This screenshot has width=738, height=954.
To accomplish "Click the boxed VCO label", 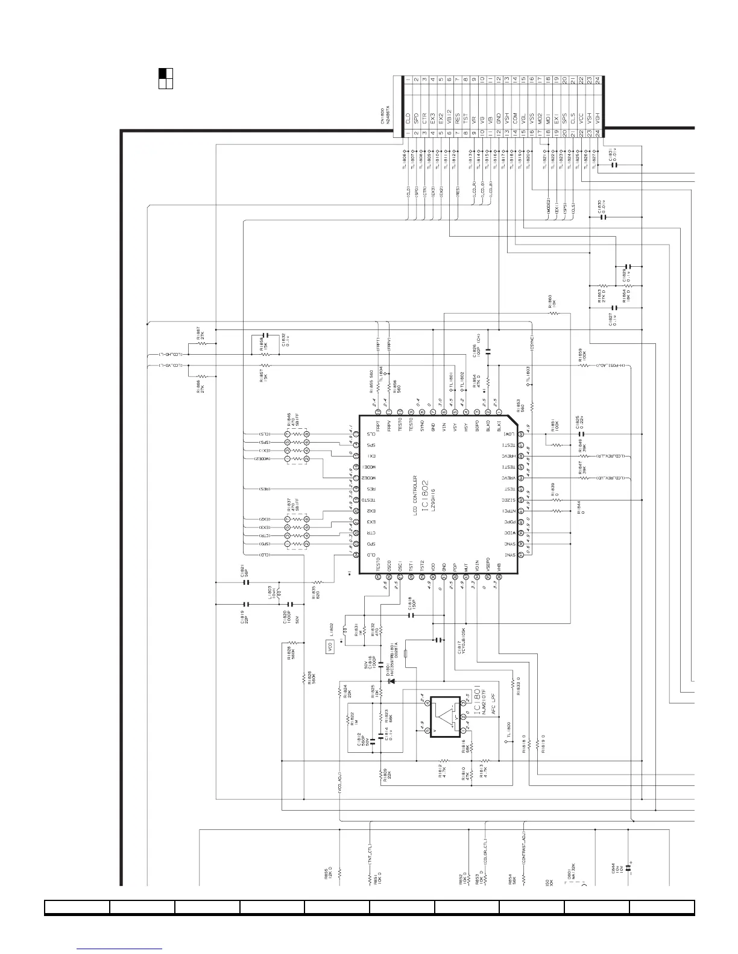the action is tap(329, 647).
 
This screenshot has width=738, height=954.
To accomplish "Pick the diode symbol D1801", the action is tap(392, 681).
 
